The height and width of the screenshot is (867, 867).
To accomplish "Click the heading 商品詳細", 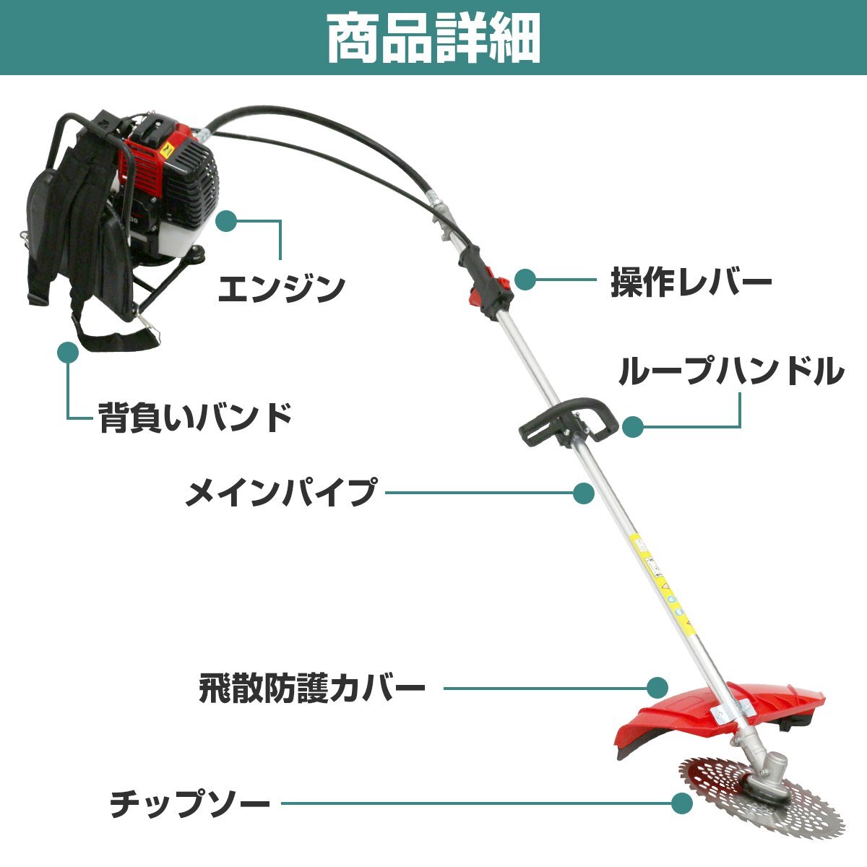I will [433, 38].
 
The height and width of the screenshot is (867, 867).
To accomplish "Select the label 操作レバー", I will [691, 282].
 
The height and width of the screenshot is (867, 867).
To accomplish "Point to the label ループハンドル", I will [730, 372].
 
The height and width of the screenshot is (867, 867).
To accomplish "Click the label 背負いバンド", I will [195, 417].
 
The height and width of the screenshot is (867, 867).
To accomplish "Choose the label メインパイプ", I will [281, 493].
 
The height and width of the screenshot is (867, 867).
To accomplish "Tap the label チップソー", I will [190, 803].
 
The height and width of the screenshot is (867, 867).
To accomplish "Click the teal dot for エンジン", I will [227, 221].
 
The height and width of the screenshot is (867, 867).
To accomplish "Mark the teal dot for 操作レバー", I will [525, 280].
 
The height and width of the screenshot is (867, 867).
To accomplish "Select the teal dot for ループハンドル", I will [633, 426].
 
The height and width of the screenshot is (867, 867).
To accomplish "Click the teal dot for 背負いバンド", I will [68, 352].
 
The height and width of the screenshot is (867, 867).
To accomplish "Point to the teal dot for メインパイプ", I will [583, 493].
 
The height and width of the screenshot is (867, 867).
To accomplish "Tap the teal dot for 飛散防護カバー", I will [656, 687].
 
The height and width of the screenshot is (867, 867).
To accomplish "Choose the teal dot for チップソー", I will [681, 803].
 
